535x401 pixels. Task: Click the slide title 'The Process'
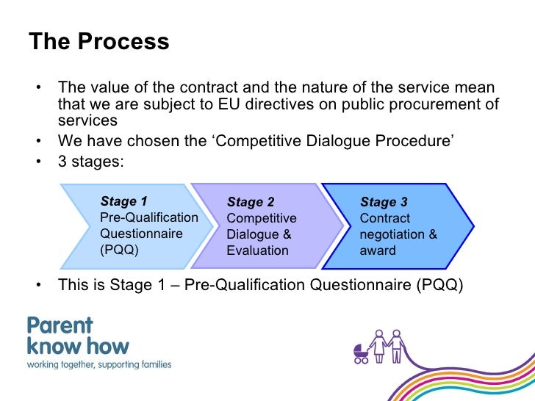point(98,41)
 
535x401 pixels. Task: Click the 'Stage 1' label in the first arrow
point(123,201)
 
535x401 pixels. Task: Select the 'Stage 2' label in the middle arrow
point(251,202)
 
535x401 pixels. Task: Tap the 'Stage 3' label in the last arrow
point(384,202)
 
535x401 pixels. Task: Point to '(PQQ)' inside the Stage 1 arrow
point(118,250)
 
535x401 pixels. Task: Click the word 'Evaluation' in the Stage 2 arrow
point(257,250)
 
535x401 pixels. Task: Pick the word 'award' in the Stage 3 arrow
point(378,250)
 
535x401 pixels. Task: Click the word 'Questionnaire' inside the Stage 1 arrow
point(141,234)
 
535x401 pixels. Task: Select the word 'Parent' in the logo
point(60,325)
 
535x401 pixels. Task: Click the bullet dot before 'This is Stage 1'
point(35,285)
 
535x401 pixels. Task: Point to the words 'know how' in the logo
point(78,346)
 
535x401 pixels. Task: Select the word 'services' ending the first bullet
point(87,120)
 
